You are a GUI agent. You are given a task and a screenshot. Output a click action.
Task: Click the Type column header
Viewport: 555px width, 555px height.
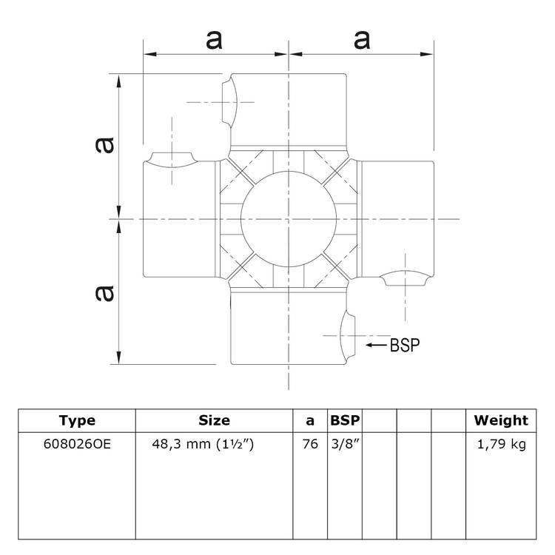coord(77,420)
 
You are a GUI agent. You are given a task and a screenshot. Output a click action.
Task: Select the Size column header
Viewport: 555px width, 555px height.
coord(215,420)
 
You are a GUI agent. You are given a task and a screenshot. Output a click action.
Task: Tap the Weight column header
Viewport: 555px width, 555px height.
coord(501,420)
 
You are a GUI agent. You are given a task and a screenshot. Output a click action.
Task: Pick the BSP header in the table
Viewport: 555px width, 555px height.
coord(345,420)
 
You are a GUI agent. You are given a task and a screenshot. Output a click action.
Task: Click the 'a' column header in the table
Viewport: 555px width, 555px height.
coord(310,421)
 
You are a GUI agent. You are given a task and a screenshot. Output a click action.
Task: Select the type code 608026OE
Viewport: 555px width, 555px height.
coord(77,444)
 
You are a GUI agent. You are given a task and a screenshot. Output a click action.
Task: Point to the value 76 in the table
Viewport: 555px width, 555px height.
coord(310,444)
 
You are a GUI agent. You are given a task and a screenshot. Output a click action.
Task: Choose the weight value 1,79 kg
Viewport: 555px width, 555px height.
coord(501,444)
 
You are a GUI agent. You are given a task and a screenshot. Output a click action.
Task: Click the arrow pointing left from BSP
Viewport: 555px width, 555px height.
coord(377,345)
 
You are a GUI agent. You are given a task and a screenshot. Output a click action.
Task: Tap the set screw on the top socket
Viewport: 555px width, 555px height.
coord(229,102)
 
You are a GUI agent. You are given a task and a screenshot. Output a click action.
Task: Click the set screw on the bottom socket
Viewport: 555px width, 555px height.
coord(346,335)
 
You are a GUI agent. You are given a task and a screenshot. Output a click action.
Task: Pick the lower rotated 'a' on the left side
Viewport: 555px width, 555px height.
coord(106,293)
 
